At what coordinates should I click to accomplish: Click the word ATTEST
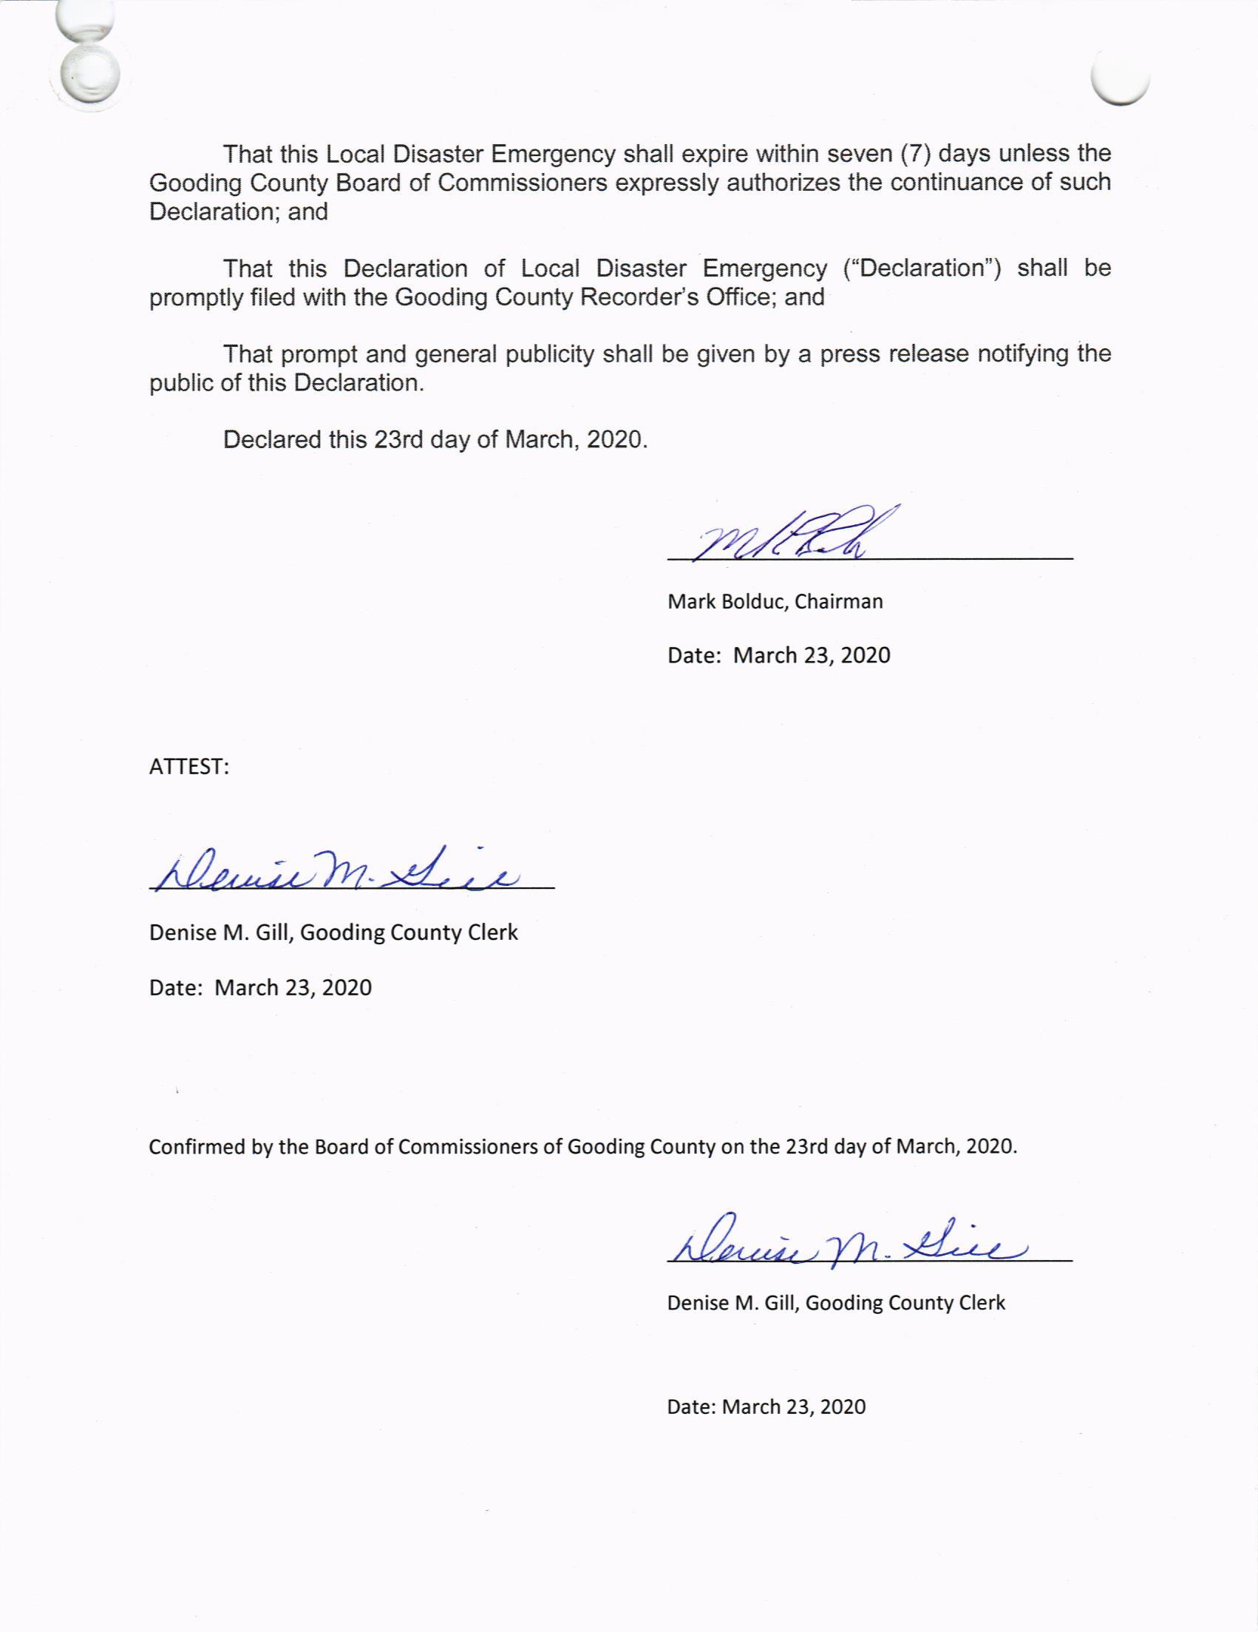pos(188,767)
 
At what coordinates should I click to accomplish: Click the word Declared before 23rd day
pos(272,439)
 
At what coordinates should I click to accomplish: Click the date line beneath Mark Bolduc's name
pos(778,655)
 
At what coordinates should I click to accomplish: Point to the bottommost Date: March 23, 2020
pos(766,1407)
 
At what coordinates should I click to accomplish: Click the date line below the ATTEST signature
pos(260,988)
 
